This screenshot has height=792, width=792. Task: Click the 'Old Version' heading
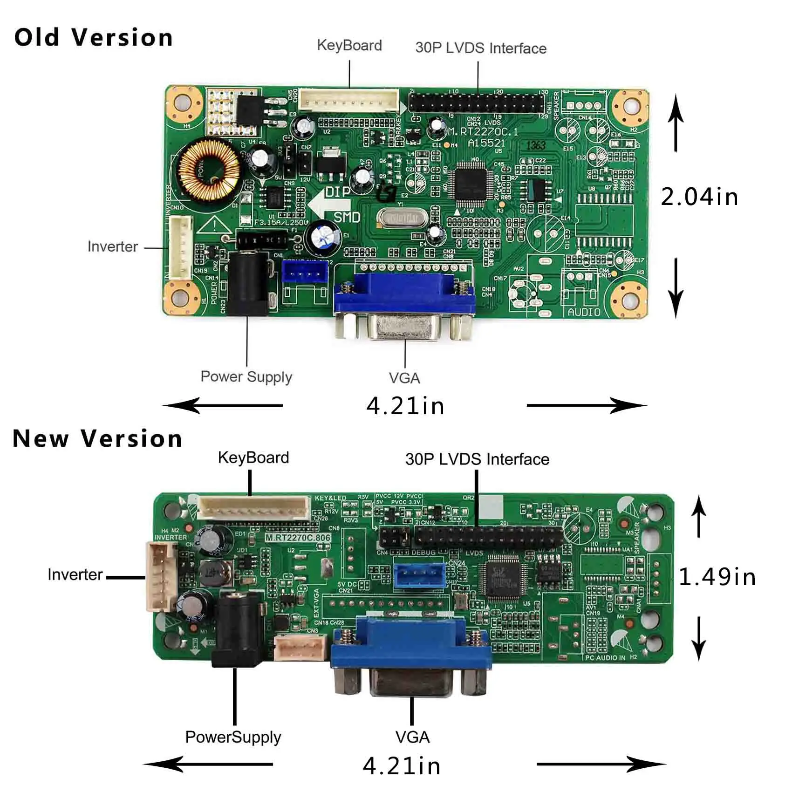point(93,37)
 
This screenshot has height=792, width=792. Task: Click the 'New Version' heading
point(97,439)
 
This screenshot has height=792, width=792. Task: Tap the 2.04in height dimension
point(699,197)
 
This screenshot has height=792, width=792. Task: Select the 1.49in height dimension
point(717,577)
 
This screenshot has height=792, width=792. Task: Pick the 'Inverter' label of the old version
point(112,246)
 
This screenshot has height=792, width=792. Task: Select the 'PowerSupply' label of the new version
point(233,737)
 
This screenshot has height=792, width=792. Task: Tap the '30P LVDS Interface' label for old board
point(480,48)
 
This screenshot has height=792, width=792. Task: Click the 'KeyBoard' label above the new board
point(253,457)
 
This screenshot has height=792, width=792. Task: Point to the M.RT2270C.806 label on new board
point(298,538)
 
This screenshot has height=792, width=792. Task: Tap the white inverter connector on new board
point(160,577)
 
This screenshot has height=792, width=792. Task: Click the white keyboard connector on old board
point(348,99)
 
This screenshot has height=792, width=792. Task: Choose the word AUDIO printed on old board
point(584,312)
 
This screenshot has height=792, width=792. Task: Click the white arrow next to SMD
point(326,205)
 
